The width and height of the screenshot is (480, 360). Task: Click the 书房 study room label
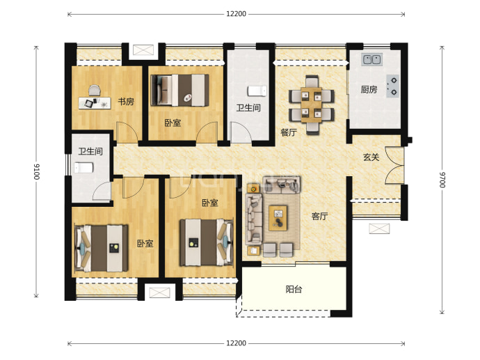tap(126, 102)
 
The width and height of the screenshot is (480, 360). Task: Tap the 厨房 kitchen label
tap(369, 89)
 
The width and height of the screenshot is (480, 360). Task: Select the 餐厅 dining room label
tap(289, 132)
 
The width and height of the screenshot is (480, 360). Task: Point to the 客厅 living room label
tap(319, 217)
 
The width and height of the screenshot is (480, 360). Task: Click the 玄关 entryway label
tap(371, 157)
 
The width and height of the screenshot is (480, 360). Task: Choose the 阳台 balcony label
tap(294, 289)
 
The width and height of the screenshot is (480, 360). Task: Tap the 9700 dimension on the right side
tap(442, 180)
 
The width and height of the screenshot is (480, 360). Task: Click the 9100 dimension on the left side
tap(36, 171)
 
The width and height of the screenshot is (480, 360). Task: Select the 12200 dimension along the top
tap(236, 14)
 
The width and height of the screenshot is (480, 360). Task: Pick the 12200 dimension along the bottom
tap(236, 343)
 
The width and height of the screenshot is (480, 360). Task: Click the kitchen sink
tap(371, 59)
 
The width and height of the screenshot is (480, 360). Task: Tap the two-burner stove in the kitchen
tap(392, 86)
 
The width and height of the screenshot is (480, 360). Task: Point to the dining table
tap(312, 104)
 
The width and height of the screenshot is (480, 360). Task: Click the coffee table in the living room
tap(278, 218)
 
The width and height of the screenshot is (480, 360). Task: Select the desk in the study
tap(95, 103)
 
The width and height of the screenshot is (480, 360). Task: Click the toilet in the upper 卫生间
tap(257, 91)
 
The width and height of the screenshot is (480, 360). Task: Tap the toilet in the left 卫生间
tap(83, 168)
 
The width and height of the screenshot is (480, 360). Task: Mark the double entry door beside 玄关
tap(394, 166)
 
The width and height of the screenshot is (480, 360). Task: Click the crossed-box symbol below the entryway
tap(379, 229)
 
